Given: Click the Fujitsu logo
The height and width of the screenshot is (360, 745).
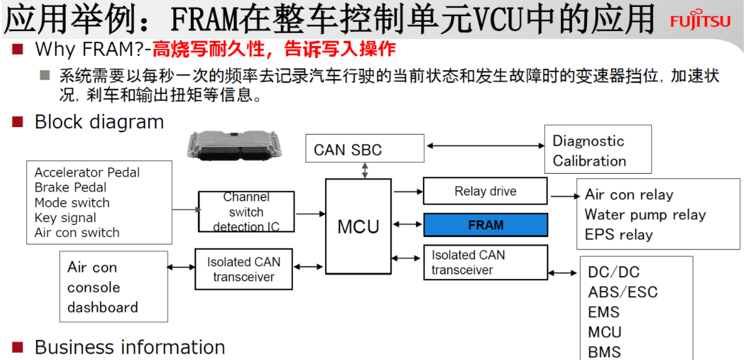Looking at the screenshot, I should pyautogui.click(x=700, y=21).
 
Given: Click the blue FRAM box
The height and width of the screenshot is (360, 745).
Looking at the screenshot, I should pyautogui.click(x=486, y=225).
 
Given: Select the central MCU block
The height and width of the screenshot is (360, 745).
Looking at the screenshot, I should pyautogui.click(x=358, y=226).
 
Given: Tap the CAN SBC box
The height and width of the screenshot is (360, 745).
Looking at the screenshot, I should pyautogui.click(x=365, y=149).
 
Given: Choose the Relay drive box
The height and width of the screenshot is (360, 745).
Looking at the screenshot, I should pyautogui.click(x=485, y=191).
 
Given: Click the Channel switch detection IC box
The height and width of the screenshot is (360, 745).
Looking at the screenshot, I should pyautogui.click(x=246, y=212).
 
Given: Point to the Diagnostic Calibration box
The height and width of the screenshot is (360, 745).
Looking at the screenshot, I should pyautogui.click(x=597, y=150).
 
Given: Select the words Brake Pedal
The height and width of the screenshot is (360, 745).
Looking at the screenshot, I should pyautogui.click(x=70, y=187).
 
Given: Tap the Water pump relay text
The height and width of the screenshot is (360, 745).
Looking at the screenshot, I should pyautogui.click(x=645, y=215).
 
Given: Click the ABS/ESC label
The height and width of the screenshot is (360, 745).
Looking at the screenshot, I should pyautogui.click(x=622, y=292).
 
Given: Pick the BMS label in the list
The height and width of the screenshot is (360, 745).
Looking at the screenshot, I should pyautogui.click(x=604, y=351).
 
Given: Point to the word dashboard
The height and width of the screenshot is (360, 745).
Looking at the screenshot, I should pyautogui.click(x=102, y=307).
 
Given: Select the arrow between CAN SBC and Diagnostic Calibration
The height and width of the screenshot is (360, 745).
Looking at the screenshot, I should pyautogui.click(x=484, y=146).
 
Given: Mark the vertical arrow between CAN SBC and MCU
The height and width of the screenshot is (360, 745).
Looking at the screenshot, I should pyautogui.click(x=365, y=170).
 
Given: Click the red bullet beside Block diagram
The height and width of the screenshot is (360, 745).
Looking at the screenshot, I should pyautogui.click(x=18, y=121).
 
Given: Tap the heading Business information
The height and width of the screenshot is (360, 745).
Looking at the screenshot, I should pyautogui.click(x=129, y=347).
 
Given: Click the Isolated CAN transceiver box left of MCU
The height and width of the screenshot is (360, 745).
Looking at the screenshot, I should pyautogui.click(x=243, y=269).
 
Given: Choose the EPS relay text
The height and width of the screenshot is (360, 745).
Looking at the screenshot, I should pyautogui.click(x=618, y=235).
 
